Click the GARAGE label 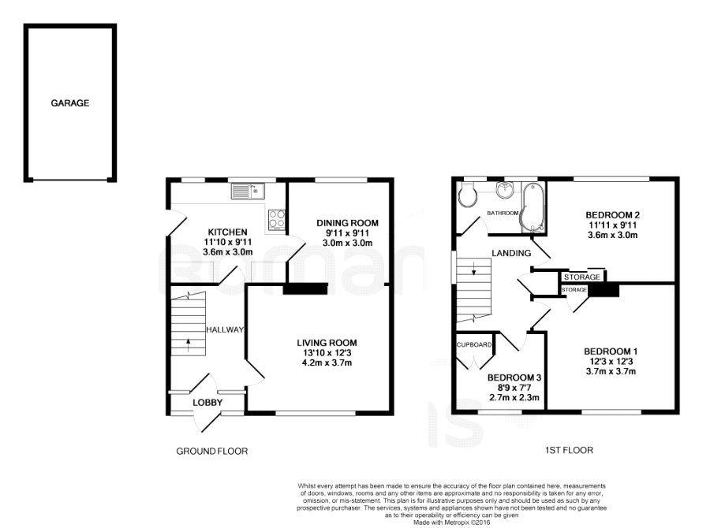coord(69,103)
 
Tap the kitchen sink coord(247,191)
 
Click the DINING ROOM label coord(347,223)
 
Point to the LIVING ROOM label coord(327,343)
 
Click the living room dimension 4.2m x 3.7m coord(327,363)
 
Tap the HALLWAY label coord(225,330)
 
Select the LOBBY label coord(207,403)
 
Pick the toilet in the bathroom coord(467,195)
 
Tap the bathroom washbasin coord(503,190)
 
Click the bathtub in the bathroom coord(533,208)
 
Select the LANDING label coord(511,254)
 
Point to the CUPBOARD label coord(474,344)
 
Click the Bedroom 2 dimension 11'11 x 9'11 coord(612,225)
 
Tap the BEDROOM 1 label coord(611,351)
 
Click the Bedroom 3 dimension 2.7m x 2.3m coord(514,398)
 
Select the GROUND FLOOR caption coord(212,451)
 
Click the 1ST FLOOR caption coord(569,450)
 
